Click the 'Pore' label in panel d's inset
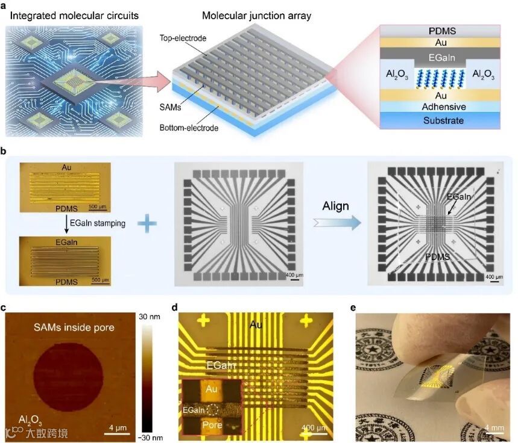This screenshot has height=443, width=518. [212, 425]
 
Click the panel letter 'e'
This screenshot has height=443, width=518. [353, 308]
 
